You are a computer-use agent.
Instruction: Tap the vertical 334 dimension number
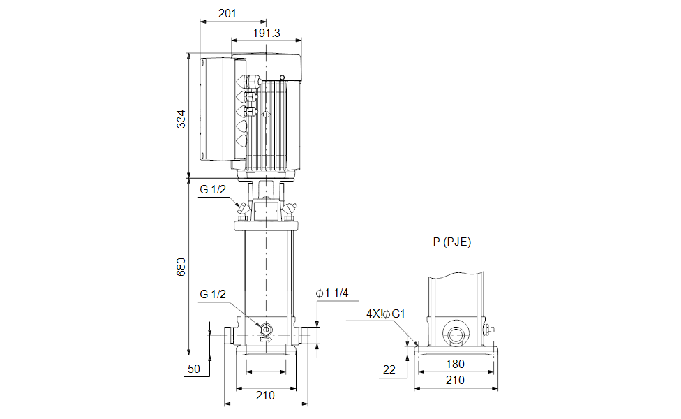click(x=181, y=119)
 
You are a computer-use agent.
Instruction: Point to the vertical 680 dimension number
click(x=181, y=268)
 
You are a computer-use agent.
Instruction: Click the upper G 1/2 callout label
click(x=213, y=190)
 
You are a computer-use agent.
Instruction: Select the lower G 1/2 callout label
click(x=213, y=294)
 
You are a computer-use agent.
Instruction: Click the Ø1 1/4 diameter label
click(x=332, y=294)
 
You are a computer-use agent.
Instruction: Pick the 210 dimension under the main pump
click(x=264, y=395)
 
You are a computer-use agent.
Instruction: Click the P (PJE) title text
click(x=452, y=242)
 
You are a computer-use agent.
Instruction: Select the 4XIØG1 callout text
click(x=386, y=314)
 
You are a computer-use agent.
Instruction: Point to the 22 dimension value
click(x=389, y=368)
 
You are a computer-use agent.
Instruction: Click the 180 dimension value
click(x=455, y=364)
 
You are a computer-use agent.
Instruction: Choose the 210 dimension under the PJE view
click(x=455, y=380)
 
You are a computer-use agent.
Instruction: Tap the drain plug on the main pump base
click(x=265, y=328)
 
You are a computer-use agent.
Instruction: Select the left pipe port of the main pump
click(x=229, y=336)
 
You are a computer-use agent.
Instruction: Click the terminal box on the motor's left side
click(x=216, y=108)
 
